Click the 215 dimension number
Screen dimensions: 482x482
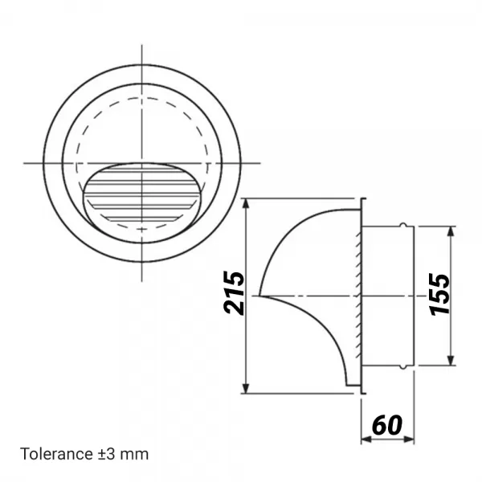tap(233, 296)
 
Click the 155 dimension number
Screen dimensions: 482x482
tap(439, 295)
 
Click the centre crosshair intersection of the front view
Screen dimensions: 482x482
tap(142, 163)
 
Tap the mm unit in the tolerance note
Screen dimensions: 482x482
tap(137, 454)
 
